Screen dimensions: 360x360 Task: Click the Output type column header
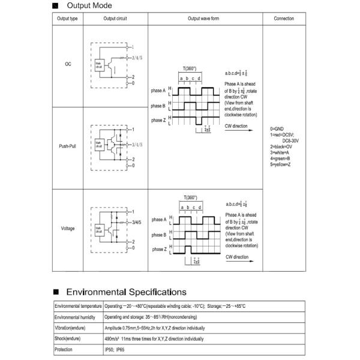tap(67, 19)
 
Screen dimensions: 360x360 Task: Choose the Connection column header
tap(284, 19)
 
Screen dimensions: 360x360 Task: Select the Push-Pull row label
tap(67, 146)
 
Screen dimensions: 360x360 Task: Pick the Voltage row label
tap(67, 229)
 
